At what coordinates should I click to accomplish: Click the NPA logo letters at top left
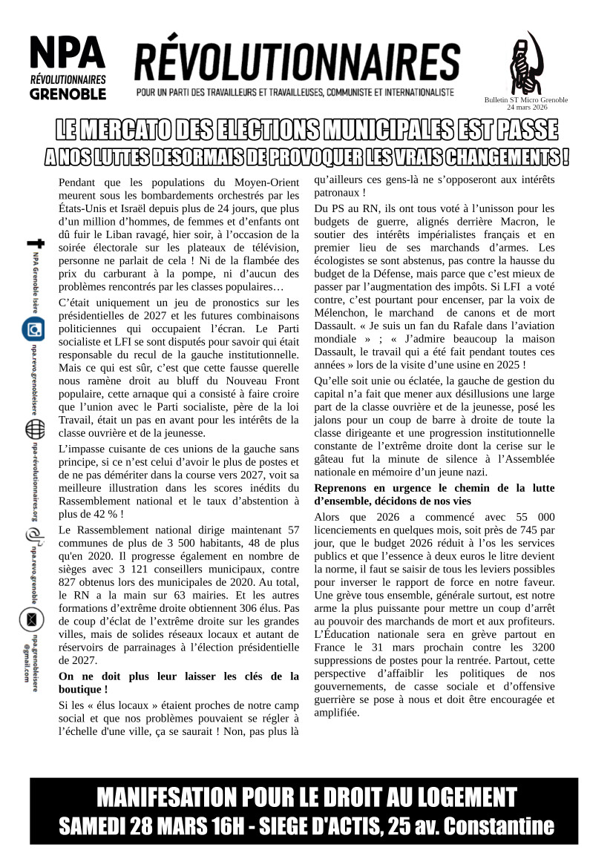tap(68, 51)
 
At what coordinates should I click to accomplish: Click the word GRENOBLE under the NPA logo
tap(68, 94)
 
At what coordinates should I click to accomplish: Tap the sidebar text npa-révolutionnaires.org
tap(34, 481)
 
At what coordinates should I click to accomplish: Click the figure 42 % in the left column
tap(99, 514)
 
